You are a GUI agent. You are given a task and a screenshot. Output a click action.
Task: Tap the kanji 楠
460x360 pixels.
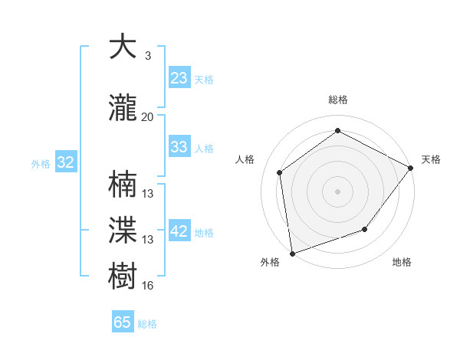point(123,185)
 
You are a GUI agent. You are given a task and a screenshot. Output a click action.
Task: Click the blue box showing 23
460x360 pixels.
point(179,78)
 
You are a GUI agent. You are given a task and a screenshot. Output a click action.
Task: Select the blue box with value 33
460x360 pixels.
point(179,147)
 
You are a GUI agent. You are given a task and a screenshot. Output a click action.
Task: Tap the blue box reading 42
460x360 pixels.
point(179,231)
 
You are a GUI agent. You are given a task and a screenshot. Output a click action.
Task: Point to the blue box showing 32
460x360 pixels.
point(65,162)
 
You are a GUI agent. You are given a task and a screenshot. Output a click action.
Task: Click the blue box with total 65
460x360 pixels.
point(123,322)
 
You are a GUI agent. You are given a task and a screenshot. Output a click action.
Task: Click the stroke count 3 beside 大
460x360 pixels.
point(147,56)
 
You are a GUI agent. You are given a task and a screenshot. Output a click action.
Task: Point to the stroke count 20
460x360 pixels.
point(147,117)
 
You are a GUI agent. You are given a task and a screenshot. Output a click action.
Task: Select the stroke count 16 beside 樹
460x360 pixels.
point(148,286)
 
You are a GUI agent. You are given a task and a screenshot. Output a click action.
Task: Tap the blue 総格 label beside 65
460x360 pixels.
point(147,324)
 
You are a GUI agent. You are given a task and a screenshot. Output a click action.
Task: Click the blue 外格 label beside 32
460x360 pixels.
point(41,163)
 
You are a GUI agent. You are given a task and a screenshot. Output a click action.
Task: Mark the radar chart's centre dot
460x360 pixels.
point(337,191)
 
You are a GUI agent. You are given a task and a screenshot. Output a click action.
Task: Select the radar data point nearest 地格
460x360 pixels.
point(365,229)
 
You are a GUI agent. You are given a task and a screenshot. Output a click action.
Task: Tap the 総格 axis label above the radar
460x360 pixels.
point(337,100)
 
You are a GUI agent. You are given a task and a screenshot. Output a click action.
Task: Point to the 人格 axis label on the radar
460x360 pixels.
point(245,159)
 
